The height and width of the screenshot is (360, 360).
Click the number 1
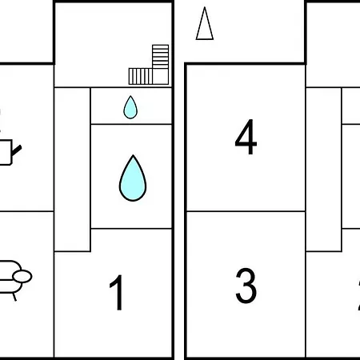(x=118, y=293)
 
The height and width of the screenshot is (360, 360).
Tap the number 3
(x=246, y=286)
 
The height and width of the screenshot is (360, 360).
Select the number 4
(x=246, y=137)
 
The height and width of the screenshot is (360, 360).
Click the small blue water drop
(x=130, y=107)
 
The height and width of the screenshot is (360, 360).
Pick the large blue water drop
(x=133, y=178)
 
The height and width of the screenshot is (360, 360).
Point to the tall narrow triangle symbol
(x=205, y=23)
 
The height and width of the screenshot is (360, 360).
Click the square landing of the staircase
(x=161, y=77)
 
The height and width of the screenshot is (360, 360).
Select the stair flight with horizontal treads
(x=161, y=57)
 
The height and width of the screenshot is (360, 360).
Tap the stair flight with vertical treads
(x=141, y=77)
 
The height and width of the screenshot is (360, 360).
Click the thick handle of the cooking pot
(x=17, y=150)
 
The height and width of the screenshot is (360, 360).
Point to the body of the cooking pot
(x=6, y=152)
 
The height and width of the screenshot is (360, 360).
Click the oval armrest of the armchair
(x=22, y=276)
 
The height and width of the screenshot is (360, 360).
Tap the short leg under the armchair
(x=14, y=297)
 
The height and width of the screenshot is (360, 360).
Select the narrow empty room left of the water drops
(x=72, y=170)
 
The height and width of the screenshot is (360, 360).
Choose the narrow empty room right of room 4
(x=324, y=170)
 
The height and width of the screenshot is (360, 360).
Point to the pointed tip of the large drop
(x=133, y=155)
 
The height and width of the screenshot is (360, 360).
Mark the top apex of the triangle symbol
(x=205, y=7)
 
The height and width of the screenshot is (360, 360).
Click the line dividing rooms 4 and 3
(x=246, y=211)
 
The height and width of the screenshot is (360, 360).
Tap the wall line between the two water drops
(x=131, y=124)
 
